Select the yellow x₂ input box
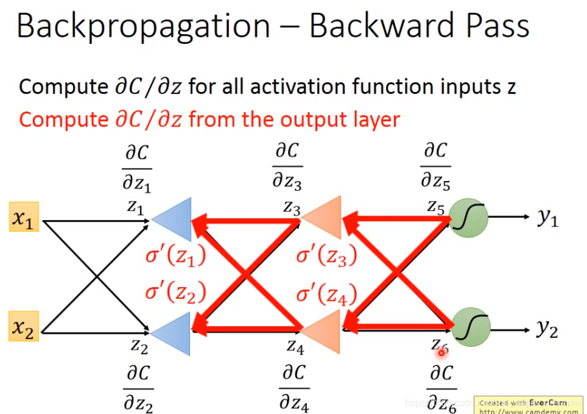[x=24, y=329]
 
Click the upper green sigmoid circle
[x=468, y=218]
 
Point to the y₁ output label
[x=547, y=218]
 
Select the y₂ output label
[x=547, y=329]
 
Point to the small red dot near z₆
[x=441, y=352]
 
